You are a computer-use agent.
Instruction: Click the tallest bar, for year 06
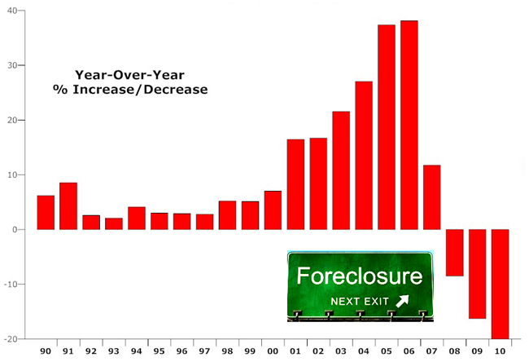tap(409, 125)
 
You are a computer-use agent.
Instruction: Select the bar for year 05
tap(387, 127)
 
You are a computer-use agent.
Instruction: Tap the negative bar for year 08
tap(455, 253)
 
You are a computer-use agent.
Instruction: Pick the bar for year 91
tap(68, 206)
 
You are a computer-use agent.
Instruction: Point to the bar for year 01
tap(296, 184)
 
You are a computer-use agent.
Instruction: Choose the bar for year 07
tap(432, 197)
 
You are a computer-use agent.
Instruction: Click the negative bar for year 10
tap(500, 285)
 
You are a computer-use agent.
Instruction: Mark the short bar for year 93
tap(114, 223)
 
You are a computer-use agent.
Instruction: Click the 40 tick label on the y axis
tap(12, 11)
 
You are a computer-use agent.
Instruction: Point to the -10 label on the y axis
tap(10, 285)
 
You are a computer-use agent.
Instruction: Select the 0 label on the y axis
tap(15, 230)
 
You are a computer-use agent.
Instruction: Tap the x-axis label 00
tap(273, 351)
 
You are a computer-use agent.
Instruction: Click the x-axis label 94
tap(136, 351)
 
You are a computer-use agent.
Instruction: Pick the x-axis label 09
tap(477, 351)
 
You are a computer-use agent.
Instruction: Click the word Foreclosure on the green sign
tap(360, 276)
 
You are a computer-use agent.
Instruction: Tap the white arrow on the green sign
tap(402, 301)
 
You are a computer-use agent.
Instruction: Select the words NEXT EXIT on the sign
tap(360, 302)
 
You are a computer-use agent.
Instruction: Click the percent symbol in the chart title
tap(60, 90)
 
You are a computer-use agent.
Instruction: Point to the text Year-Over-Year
tap(129, 75)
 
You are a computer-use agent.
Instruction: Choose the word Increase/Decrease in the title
tap(140, 90)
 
